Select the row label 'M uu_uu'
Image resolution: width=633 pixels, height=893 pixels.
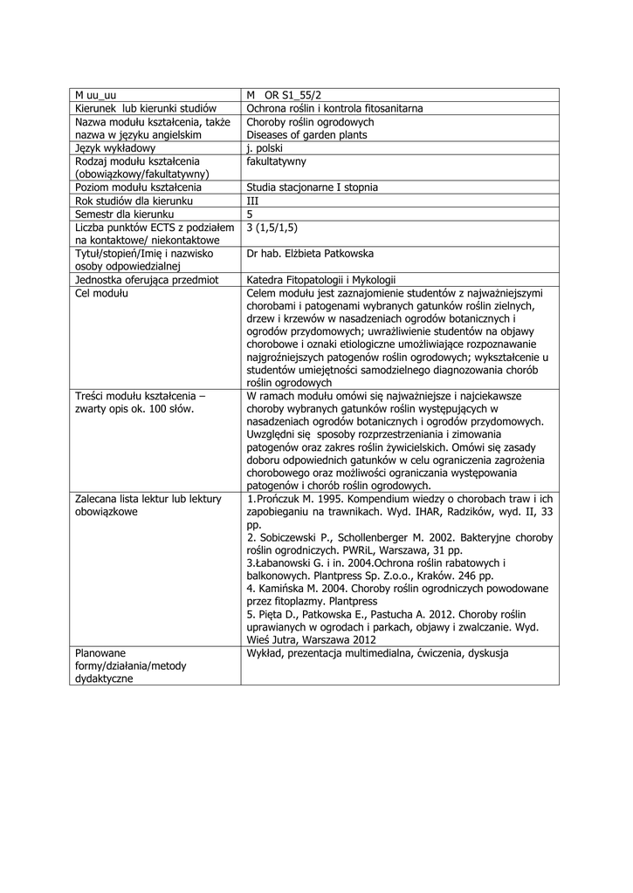[x=95, y=95]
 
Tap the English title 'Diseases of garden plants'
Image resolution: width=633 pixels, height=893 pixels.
[x=306, y=135]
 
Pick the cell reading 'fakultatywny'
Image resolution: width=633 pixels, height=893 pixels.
[x=276, y=161]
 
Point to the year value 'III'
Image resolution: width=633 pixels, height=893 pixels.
[x=253, y=201]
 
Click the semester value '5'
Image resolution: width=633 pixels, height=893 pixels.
[x=250, y=214]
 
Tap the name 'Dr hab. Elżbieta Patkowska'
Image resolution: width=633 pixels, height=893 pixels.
[x=310, y=254]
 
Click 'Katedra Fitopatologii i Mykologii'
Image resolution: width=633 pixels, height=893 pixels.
[x=321, y=280]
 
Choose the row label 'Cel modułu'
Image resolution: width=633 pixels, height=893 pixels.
[x=101, y=293]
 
